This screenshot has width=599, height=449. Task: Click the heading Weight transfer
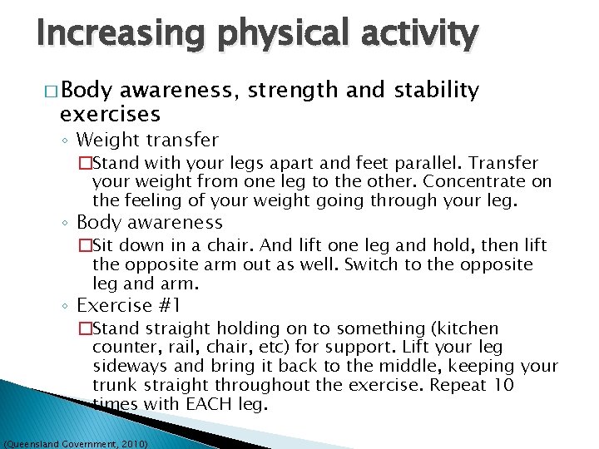(147, 140)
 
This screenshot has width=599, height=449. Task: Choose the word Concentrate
(480, 181)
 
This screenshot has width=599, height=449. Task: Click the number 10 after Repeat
(504, 385)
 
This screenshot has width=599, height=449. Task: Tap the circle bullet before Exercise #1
(66, 307)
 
